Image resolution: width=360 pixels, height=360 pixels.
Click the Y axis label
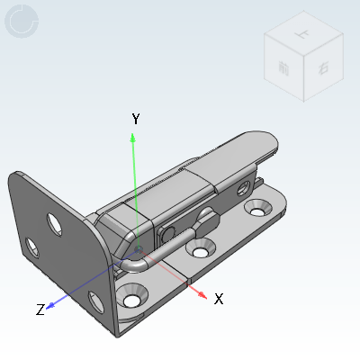(135, 119)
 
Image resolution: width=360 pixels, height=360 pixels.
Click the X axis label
(218, 299)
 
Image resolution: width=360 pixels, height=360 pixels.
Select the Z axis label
(40, 310)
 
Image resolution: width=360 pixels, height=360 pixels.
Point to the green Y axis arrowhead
(133, 137)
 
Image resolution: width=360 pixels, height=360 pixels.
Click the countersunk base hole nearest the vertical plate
(134, 294)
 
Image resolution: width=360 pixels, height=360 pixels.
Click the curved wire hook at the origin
(133, 264)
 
